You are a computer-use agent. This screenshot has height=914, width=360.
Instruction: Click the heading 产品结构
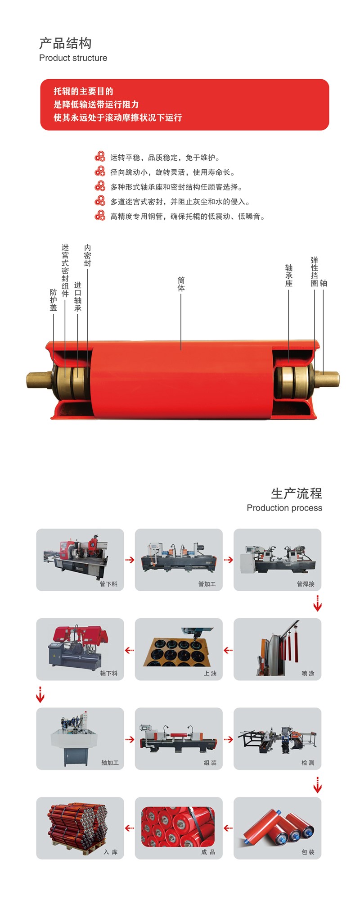click(x=65, y=43)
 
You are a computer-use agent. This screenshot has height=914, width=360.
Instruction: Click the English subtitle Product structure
click(x=73, y=58)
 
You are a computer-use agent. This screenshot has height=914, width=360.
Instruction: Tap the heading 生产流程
click(x=296, y=493)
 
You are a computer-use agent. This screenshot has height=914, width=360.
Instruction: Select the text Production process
click(x=284, y=508)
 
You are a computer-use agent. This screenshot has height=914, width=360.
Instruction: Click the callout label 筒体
click(x=181, y=284)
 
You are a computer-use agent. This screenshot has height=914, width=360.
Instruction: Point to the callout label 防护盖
click(x=54, y=300)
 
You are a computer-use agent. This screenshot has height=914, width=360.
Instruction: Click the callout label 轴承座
click(x=288, y=276)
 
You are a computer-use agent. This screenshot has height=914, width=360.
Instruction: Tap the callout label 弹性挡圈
click(x=314, y=271)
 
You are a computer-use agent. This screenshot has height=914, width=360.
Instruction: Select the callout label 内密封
click(x=87, y=255)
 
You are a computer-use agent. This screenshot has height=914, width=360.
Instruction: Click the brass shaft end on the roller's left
click(x=40, y=380)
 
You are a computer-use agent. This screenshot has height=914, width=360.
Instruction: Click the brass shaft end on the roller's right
click(x=327, y=380)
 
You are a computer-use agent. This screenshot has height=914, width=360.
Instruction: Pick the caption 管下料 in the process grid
click(x=108, y=584)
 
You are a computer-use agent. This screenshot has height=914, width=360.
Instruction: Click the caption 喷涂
click(x=308, y=673)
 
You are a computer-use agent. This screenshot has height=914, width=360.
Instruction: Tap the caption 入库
click(x=111, y=852)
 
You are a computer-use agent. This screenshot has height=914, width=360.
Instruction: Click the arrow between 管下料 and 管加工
click(x=130, y=560)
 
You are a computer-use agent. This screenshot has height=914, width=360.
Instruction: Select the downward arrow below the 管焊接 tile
click(x=317, y=603)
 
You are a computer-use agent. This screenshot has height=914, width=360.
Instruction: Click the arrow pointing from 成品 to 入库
click(x=130, y=828)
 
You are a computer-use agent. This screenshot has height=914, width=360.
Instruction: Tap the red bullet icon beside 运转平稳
click(x=100, y=157)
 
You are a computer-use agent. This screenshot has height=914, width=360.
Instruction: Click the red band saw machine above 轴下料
click(x=78, y=647)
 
